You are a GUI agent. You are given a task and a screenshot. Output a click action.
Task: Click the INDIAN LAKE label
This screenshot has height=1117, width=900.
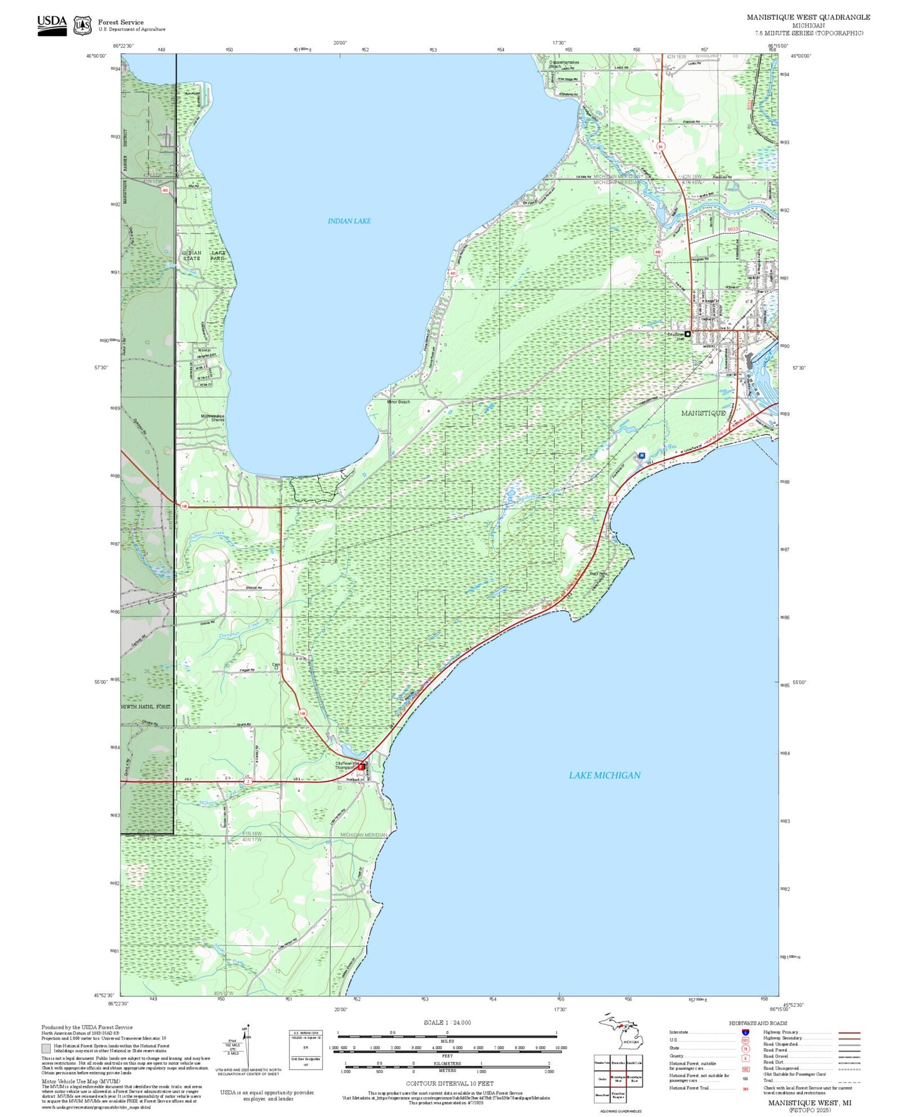click(x=349, y=221)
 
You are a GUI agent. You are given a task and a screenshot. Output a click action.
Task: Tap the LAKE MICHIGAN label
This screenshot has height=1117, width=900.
click(x=604, y=775)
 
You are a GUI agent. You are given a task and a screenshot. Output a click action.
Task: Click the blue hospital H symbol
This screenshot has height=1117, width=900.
click(x=641, y=456)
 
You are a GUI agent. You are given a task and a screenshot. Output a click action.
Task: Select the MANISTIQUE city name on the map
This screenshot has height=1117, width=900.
click(x=703, y=413)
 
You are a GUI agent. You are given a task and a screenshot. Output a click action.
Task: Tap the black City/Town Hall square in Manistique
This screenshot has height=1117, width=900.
click(x=688, y=334)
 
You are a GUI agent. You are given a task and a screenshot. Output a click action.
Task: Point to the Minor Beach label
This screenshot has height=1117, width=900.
click(x=399, y=402)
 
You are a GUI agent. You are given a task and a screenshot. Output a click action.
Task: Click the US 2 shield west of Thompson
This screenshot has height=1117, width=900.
click(x=248, y=781)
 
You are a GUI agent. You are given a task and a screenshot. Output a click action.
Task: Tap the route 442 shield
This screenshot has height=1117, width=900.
click(x=658, y=252)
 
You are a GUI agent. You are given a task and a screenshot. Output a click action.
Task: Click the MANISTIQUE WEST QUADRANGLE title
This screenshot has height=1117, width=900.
click(x=808, y=17)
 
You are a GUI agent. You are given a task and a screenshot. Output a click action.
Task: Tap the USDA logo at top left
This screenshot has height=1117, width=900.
click(x=52, y=25)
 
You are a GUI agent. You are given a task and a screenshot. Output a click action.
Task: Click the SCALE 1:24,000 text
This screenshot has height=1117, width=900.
click(x=447, y=1022)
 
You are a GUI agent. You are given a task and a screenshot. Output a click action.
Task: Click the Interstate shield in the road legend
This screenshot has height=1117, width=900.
click(x=745, y=1032)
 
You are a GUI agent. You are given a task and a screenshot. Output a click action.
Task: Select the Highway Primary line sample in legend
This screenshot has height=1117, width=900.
click(x=849, y=1032)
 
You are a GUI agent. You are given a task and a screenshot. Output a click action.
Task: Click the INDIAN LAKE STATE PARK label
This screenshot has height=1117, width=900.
click(x=204, y=255)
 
